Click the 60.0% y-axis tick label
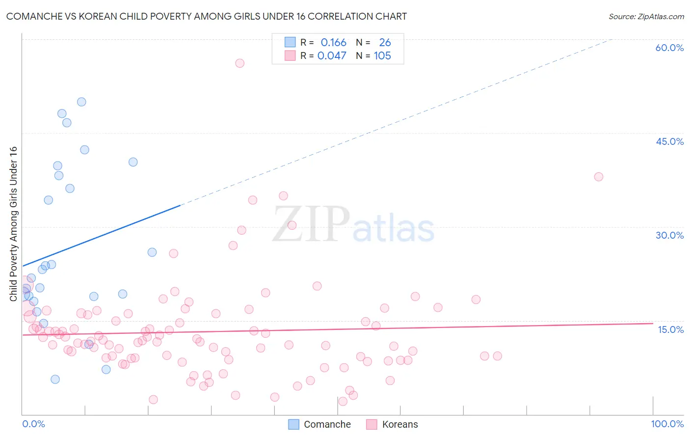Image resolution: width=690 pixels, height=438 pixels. click(669, 48)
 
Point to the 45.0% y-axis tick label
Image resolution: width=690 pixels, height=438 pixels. click(669, 141)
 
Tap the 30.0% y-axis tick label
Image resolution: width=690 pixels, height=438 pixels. click(669, 235)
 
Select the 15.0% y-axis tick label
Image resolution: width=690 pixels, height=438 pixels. click(670, 329)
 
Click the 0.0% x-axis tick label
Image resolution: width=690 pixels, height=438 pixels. click(33, 424)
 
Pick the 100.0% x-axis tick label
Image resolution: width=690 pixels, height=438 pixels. click(667, 424)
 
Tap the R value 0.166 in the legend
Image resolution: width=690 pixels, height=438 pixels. click(333, 43)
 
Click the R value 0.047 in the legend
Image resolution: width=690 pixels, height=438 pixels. click(332, 56)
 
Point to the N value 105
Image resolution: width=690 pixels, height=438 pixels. click(382, 56)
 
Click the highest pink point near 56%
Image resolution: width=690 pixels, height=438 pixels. click(239, 63)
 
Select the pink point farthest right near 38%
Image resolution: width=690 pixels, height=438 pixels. click(598, 177)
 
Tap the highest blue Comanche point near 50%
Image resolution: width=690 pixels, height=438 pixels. click(81, 102)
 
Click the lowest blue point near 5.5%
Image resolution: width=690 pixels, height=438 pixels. click(55, 379)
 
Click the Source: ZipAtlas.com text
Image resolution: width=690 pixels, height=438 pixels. click(646, 16)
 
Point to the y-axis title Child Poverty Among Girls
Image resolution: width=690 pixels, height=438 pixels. click(13, 223)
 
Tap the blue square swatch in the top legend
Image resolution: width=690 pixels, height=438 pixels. click(290, 42)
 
